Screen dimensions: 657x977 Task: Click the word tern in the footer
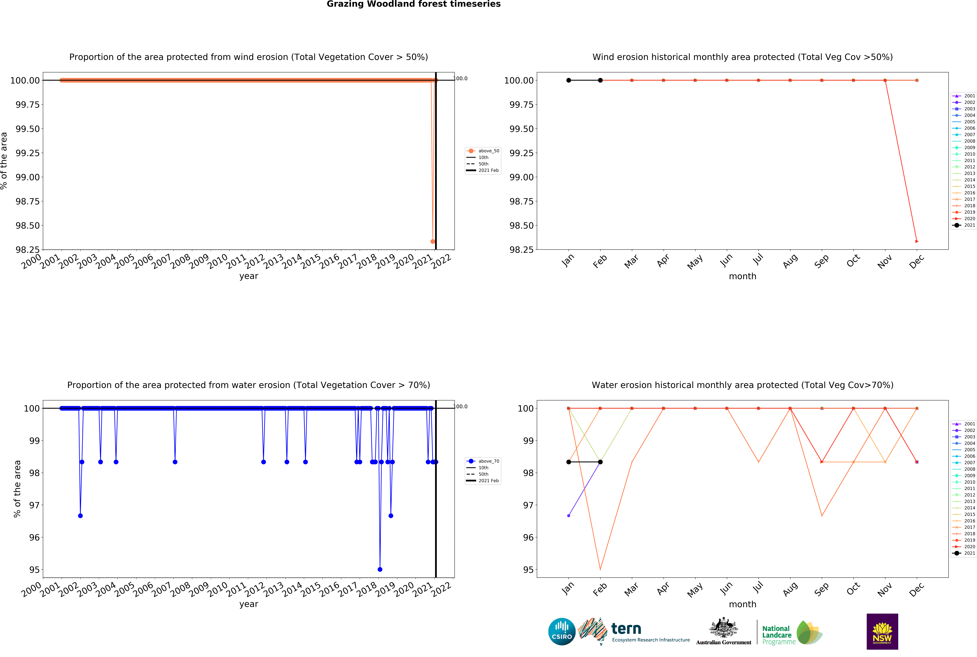[626, 629]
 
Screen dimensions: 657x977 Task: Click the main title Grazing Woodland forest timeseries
[413, 4]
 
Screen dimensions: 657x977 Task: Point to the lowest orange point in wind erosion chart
[433, 241]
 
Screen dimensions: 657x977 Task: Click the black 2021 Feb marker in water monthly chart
[600, 462]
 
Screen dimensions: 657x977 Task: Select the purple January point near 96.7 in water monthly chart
[568, 515]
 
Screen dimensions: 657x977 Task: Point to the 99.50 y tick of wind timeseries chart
[28, 129]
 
